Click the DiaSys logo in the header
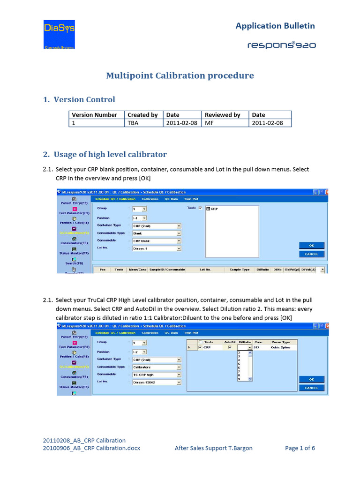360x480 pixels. click(x=59, y=34)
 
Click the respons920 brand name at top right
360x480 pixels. click(x=281, y=45)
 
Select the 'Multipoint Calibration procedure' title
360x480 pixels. click(x=180, y=75)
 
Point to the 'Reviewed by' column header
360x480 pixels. click(x=222, y=115)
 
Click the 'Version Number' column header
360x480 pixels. click(x=94, y=115)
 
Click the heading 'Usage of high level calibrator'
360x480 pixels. click(x=110, y=154)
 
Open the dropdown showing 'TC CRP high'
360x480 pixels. click(x=154, y=375)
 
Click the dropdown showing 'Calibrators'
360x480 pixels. click(x=154, y=367)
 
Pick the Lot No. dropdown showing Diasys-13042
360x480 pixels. click(x=154, y=382)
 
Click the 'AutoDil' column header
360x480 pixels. click(x=229, y=342)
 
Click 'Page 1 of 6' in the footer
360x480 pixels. click(x=300, y=448)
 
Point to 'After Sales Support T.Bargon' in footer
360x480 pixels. click(x=213, y=448)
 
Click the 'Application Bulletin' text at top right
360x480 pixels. click(x=275, y=26)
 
